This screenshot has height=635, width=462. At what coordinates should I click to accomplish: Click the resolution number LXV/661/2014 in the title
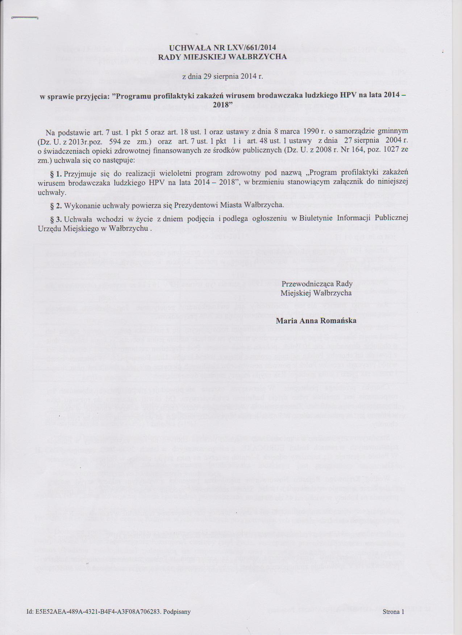pyautogui.click(x=247, y=47)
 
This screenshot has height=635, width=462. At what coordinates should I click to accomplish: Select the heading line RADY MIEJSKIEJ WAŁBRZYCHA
pyautogui.click(x=222, y=57)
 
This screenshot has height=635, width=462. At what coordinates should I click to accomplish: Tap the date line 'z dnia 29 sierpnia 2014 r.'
pyautogui.click(x=222, y=77)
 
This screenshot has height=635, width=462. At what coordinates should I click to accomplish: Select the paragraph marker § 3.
pyautogui.click(x=56, y=218)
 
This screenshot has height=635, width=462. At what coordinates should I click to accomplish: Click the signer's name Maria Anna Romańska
pyautogui.click(x=316, y=320)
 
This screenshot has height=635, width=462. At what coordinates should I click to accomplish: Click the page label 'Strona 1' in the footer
pyautogui.click(x=393, y=612)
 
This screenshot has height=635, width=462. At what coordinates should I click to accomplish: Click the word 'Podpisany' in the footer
pyautogui.click(x=177, y=612)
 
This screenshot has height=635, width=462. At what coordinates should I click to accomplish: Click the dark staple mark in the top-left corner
pyautogui.click(x=25, y=18)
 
